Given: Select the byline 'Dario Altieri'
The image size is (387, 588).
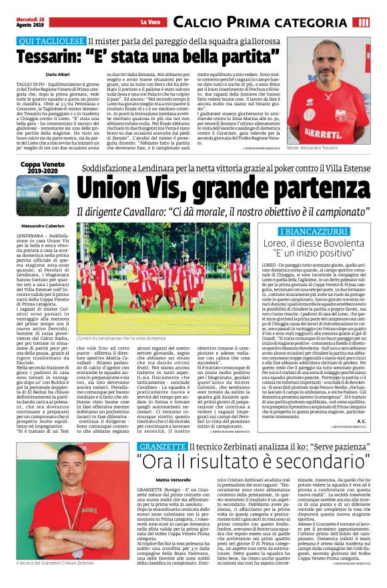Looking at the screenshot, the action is [41, 75].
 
